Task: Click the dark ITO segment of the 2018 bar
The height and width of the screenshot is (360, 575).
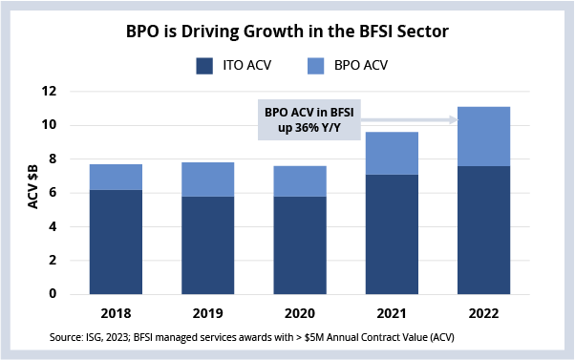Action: tap(116, 242)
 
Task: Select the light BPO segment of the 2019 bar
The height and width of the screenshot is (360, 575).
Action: tap(208, 180)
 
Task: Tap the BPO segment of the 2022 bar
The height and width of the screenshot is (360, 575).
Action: tap(483, 137)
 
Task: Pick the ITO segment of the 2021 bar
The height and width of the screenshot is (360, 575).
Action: tap(392, 234)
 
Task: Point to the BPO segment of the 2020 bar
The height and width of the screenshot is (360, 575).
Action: tap(300, 181)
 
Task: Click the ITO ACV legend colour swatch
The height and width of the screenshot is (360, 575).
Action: tap(204, 66)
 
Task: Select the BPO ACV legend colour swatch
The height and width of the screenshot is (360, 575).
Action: tap(316, 66)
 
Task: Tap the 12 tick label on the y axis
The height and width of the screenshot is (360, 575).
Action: tap(49, 91)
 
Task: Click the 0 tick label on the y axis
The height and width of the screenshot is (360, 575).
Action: tap(53, 294)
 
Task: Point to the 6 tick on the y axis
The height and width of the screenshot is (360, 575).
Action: tap(53, 193)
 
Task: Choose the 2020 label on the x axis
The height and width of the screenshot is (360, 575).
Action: tap(300, 313)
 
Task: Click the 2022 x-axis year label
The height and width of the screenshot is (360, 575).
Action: tap(483, 313)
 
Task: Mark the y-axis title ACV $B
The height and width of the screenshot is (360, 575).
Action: tap(33, 186)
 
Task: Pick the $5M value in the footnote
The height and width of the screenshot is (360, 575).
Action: tap(314, 337)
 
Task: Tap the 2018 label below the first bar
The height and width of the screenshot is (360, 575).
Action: tap(116, 313)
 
